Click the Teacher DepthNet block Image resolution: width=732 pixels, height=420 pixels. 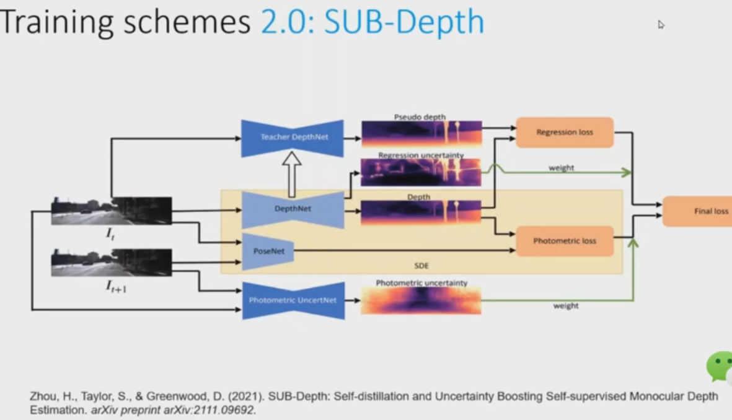(293, 138)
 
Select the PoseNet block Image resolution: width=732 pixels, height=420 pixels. (268, 252)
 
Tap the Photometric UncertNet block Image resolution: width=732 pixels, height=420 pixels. (293, 300)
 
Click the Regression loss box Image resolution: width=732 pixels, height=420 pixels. (565, 133)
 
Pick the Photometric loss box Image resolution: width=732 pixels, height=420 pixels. (565, 241)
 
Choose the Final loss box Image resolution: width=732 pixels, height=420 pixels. (698, 211)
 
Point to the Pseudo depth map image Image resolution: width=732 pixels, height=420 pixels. (421, 134)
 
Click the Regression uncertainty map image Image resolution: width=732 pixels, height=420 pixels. (421, 173)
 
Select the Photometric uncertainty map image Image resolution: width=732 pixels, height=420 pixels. (421, 300)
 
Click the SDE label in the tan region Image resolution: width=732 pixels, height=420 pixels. (421, 266)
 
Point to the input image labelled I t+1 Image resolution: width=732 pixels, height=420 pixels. (112, 263)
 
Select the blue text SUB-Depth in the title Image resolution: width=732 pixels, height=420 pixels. (404, 22)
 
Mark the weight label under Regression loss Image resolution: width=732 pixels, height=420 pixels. (561, 167)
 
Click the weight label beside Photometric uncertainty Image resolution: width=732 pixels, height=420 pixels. (566, 305)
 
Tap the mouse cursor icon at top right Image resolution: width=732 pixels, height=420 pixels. (661, 24)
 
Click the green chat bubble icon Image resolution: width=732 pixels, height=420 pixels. (720, 367)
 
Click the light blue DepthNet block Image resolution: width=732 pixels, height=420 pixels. (293, 209)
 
